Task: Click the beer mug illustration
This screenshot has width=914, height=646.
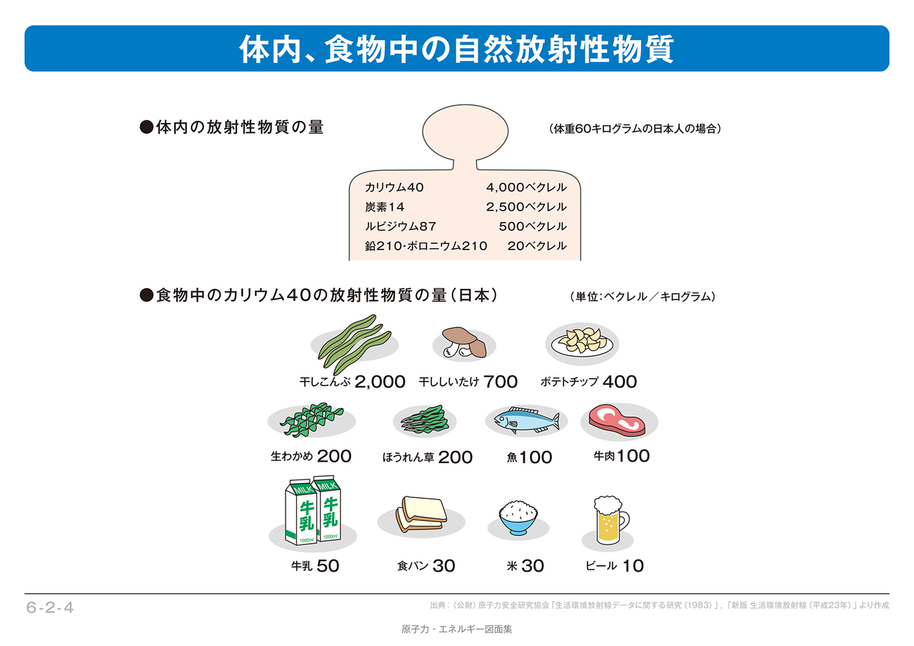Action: (x=608, y=520)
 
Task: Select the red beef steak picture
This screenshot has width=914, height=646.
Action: (x=617, y=421)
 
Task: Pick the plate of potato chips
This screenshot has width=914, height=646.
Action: (x=582, y=342)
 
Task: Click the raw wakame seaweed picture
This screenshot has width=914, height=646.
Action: (x=313, y=420)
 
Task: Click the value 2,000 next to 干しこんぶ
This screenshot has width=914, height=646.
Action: (x=379, y=382)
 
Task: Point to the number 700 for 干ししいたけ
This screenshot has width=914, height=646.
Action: (x=500, y=382)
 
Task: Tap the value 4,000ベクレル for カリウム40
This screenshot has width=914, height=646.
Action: (x=526, y=187)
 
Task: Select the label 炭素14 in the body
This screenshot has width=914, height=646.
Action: (x=384, y=207)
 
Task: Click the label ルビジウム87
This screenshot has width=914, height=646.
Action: (x=401, y=226)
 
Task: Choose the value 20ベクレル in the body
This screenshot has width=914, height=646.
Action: (x=536, y=246)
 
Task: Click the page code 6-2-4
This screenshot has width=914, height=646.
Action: (x=50, y=608)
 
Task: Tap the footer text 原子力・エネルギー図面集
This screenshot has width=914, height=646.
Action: (x=457, y=630)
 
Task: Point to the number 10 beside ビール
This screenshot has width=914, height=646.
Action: (x=632, y=566)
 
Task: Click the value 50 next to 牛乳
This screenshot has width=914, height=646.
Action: (x=327, y=566)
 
